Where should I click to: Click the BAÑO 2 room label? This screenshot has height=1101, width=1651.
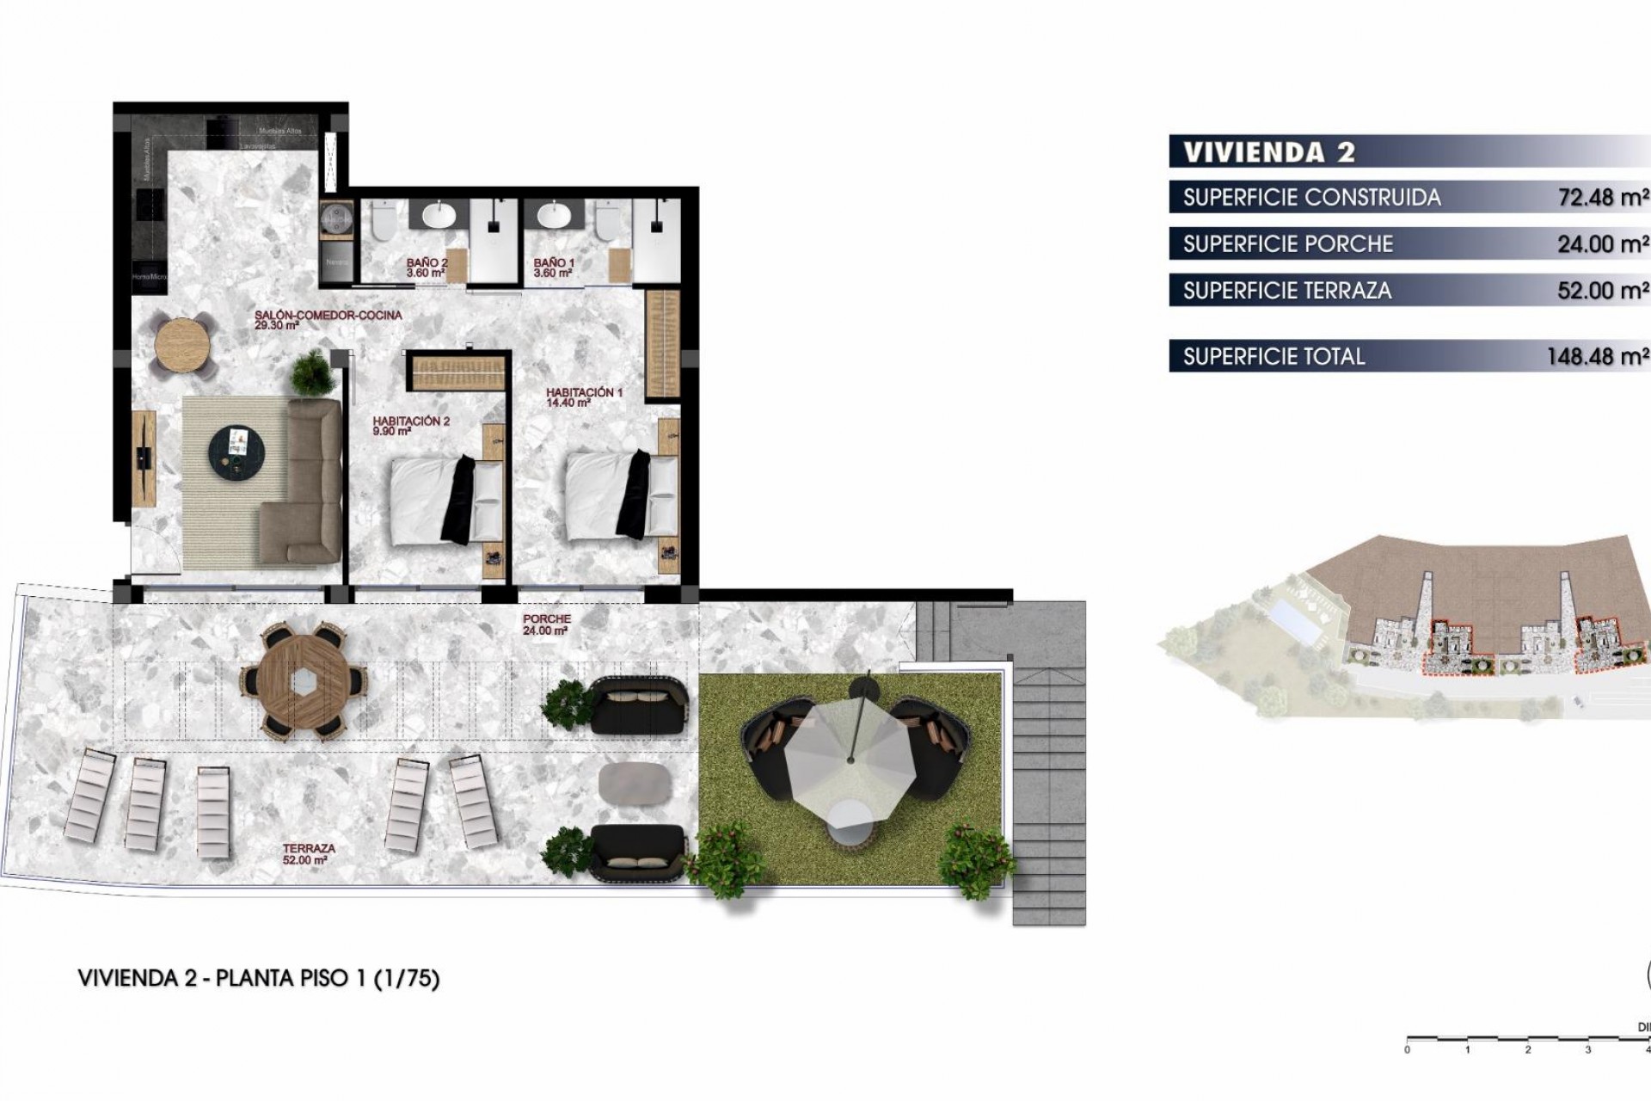pos(427,268)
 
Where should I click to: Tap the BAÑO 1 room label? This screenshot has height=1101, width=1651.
pos(553,268)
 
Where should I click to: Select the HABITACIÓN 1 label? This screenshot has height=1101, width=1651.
pos(583,397)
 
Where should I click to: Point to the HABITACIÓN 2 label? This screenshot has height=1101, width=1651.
pos(410,426)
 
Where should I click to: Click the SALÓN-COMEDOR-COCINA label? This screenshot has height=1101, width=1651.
pos(327,320)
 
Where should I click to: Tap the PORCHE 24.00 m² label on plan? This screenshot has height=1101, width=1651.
pos(546,624)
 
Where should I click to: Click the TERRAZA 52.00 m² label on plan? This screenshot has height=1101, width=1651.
pos(308,853)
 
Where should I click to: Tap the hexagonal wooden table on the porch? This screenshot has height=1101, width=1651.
pos(303,681)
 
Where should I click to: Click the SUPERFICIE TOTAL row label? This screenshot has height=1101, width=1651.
pos(1273,356)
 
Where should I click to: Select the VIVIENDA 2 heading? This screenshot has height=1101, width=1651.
pos(1268,152)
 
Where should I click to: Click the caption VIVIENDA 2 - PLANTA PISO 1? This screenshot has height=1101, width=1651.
pos(258,978)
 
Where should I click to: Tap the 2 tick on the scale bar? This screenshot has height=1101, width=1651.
pos(1528,1049)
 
